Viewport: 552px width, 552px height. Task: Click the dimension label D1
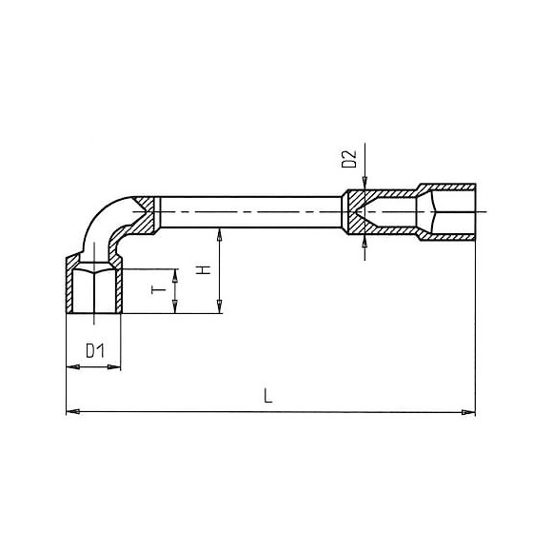pos(92,351)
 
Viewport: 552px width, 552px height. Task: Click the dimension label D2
pos(348,159)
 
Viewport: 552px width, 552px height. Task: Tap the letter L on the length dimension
pos(269,398)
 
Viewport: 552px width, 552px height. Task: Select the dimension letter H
pos(202,270)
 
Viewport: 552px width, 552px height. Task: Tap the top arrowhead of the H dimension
pos(220,233)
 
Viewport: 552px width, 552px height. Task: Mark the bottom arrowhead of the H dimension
pos(220,306)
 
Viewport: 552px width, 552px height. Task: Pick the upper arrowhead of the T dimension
pos(174,271)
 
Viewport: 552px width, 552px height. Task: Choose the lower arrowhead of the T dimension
pos(174,306)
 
